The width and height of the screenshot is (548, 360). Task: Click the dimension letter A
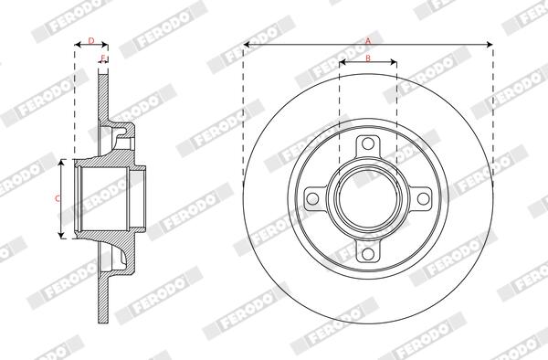(x=368, y=40)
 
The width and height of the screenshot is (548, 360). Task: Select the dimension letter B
(x=367, y=58)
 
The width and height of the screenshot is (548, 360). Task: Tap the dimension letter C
(x=57, y=197)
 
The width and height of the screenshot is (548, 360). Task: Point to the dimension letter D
(x=90, y=40)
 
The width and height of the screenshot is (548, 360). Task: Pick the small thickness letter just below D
(x=102, y=58)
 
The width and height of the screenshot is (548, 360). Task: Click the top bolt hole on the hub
(x=368, y=145)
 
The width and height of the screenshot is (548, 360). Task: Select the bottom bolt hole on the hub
(x=368, y=253)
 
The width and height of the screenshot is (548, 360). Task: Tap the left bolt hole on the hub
(x=313, y=199)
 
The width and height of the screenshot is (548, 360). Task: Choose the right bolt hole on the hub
(x=422, y=199)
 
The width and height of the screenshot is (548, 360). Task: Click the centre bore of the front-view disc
(x=368, y=199)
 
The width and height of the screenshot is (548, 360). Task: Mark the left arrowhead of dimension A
(x=248, y=45)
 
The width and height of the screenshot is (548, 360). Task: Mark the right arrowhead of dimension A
(x=490, y=45)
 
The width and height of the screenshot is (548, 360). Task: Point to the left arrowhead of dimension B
(x=342, y=63)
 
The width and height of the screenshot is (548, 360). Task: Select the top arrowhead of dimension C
(x=62, y=163)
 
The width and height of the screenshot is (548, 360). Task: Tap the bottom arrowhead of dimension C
(x=62, y=235)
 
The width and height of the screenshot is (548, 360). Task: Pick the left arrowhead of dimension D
(x=77, y=45)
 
